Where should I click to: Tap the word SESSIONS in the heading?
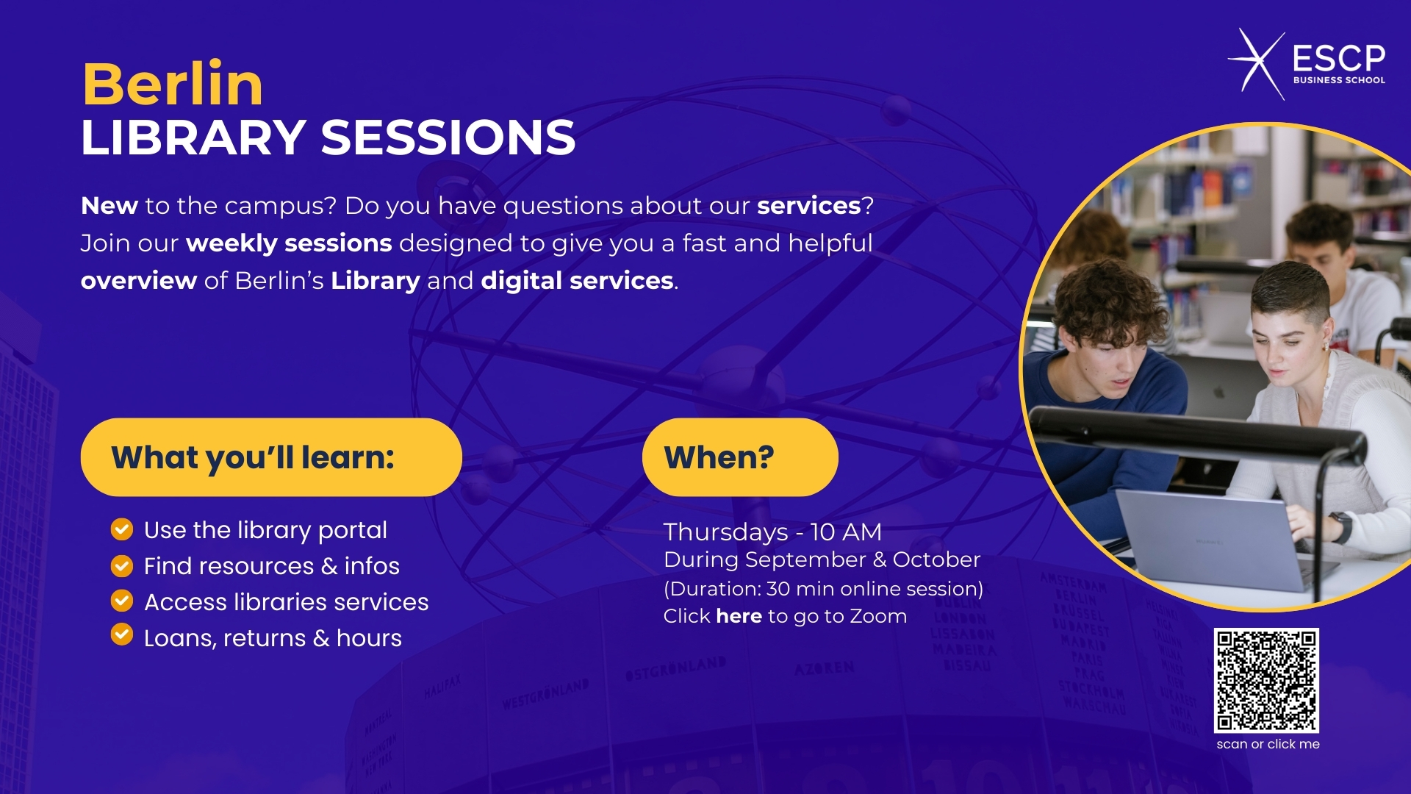click(x=448, y=137)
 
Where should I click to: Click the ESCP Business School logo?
click(x=1307, y=65)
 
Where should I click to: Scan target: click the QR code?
click(x=1266, y=680)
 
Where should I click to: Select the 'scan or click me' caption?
click(x=1268, y=744)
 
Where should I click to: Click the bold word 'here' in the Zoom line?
click(x=739, y=616)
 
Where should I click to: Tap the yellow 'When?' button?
click(x=740, y=457)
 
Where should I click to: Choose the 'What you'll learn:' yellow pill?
click(x=271, y=457)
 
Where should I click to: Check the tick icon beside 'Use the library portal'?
click(x=122, y=529)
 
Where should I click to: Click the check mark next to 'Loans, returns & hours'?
click(x=122, y=634)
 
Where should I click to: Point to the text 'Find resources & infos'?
click(x=272, y=566)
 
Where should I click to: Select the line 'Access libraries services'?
click(x=286, y=602)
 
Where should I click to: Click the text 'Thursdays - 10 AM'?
click(x=772, y=532)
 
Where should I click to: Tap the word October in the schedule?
click(x=936, y=559)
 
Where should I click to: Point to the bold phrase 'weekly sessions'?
click(x=289, y=243)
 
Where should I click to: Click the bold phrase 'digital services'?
click(x=577, y=281)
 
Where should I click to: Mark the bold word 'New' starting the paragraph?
click(x=109, y=206)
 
